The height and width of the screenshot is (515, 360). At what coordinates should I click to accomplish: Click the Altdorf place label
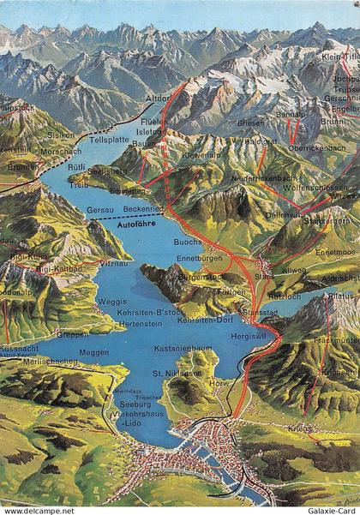(x=159, y=99)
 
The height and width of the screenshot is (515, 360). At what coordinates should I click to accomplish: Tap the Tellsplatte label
(x=109, y=138)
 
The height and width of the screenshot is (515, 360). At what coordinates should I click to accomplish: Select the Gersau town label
(x=100, y=209)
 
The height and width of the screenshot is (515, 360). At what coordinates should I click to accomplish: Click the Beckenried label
(x=142, y=209)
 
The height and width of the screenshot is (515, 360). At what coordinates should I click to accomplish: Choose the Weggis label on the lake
(x=112, y=302)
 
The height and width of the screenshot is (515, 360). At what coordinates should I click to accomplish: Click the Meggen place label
(x=93, y=352)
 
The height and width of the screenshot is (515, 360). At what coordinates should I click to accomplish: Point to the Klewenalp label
(x=199, y=157)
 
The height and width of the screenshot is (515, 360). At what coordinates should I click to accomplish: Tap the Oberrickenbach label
(x=317, y=148)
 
